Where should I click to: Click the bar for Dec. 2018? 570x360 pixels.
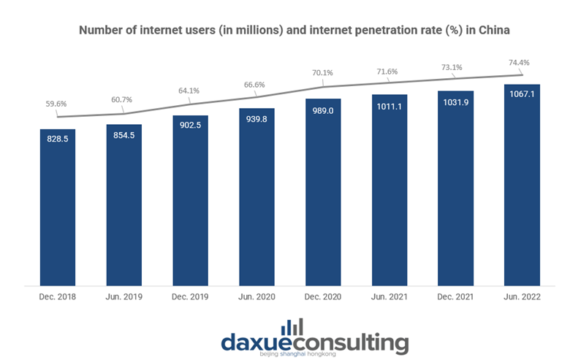click(x=58, y=207)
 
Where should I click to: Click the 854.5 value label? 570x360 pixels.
click(x=124, y=137)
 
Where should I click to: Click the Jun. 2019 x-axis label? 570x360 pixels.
click(x=124, y=297)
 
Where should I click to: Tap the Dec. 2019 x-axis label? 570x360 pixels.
click(x=190, y=297)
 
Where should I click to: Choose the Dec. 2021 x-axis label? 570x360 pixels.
click(x=455, y=297)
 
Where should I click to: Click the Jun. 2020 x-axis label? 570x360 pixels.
click(x=256, y=297)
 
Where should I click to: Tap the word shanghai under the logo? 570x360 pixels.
click(x=289, y=356)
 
